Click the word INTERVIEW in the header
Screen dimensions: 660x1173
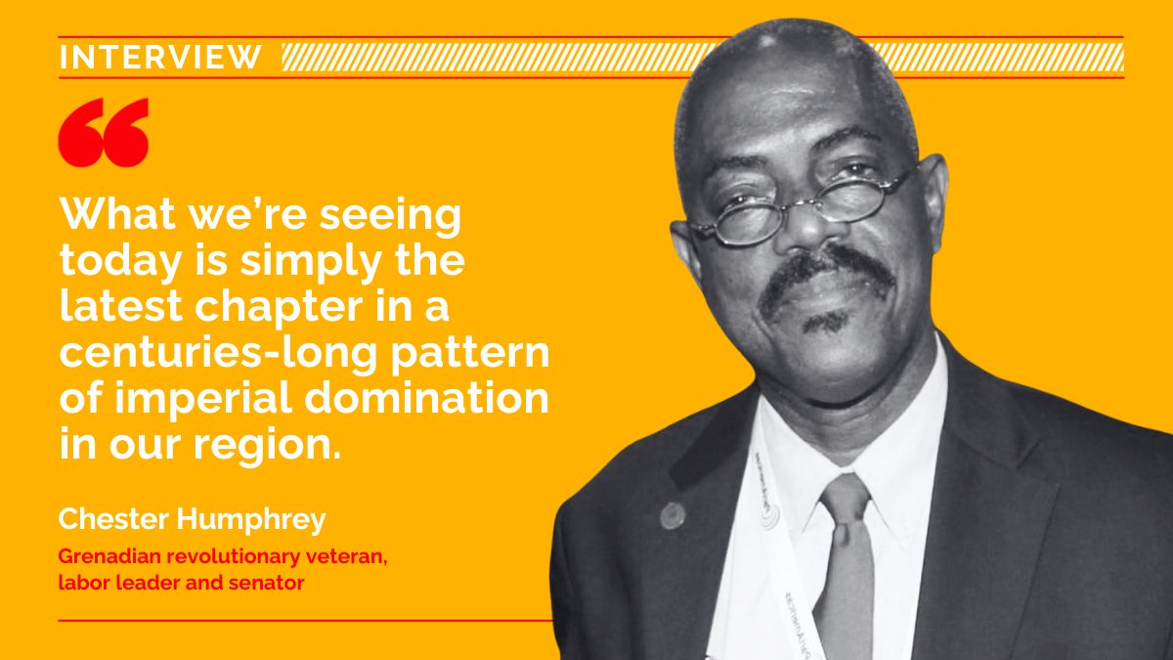(160, 57)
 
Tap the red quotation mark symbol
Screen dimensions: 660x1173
(103, 132)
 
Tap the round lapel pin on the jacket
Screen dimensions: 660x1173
(673, 514)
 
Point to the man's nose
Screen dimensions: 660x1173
(806, 230)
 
